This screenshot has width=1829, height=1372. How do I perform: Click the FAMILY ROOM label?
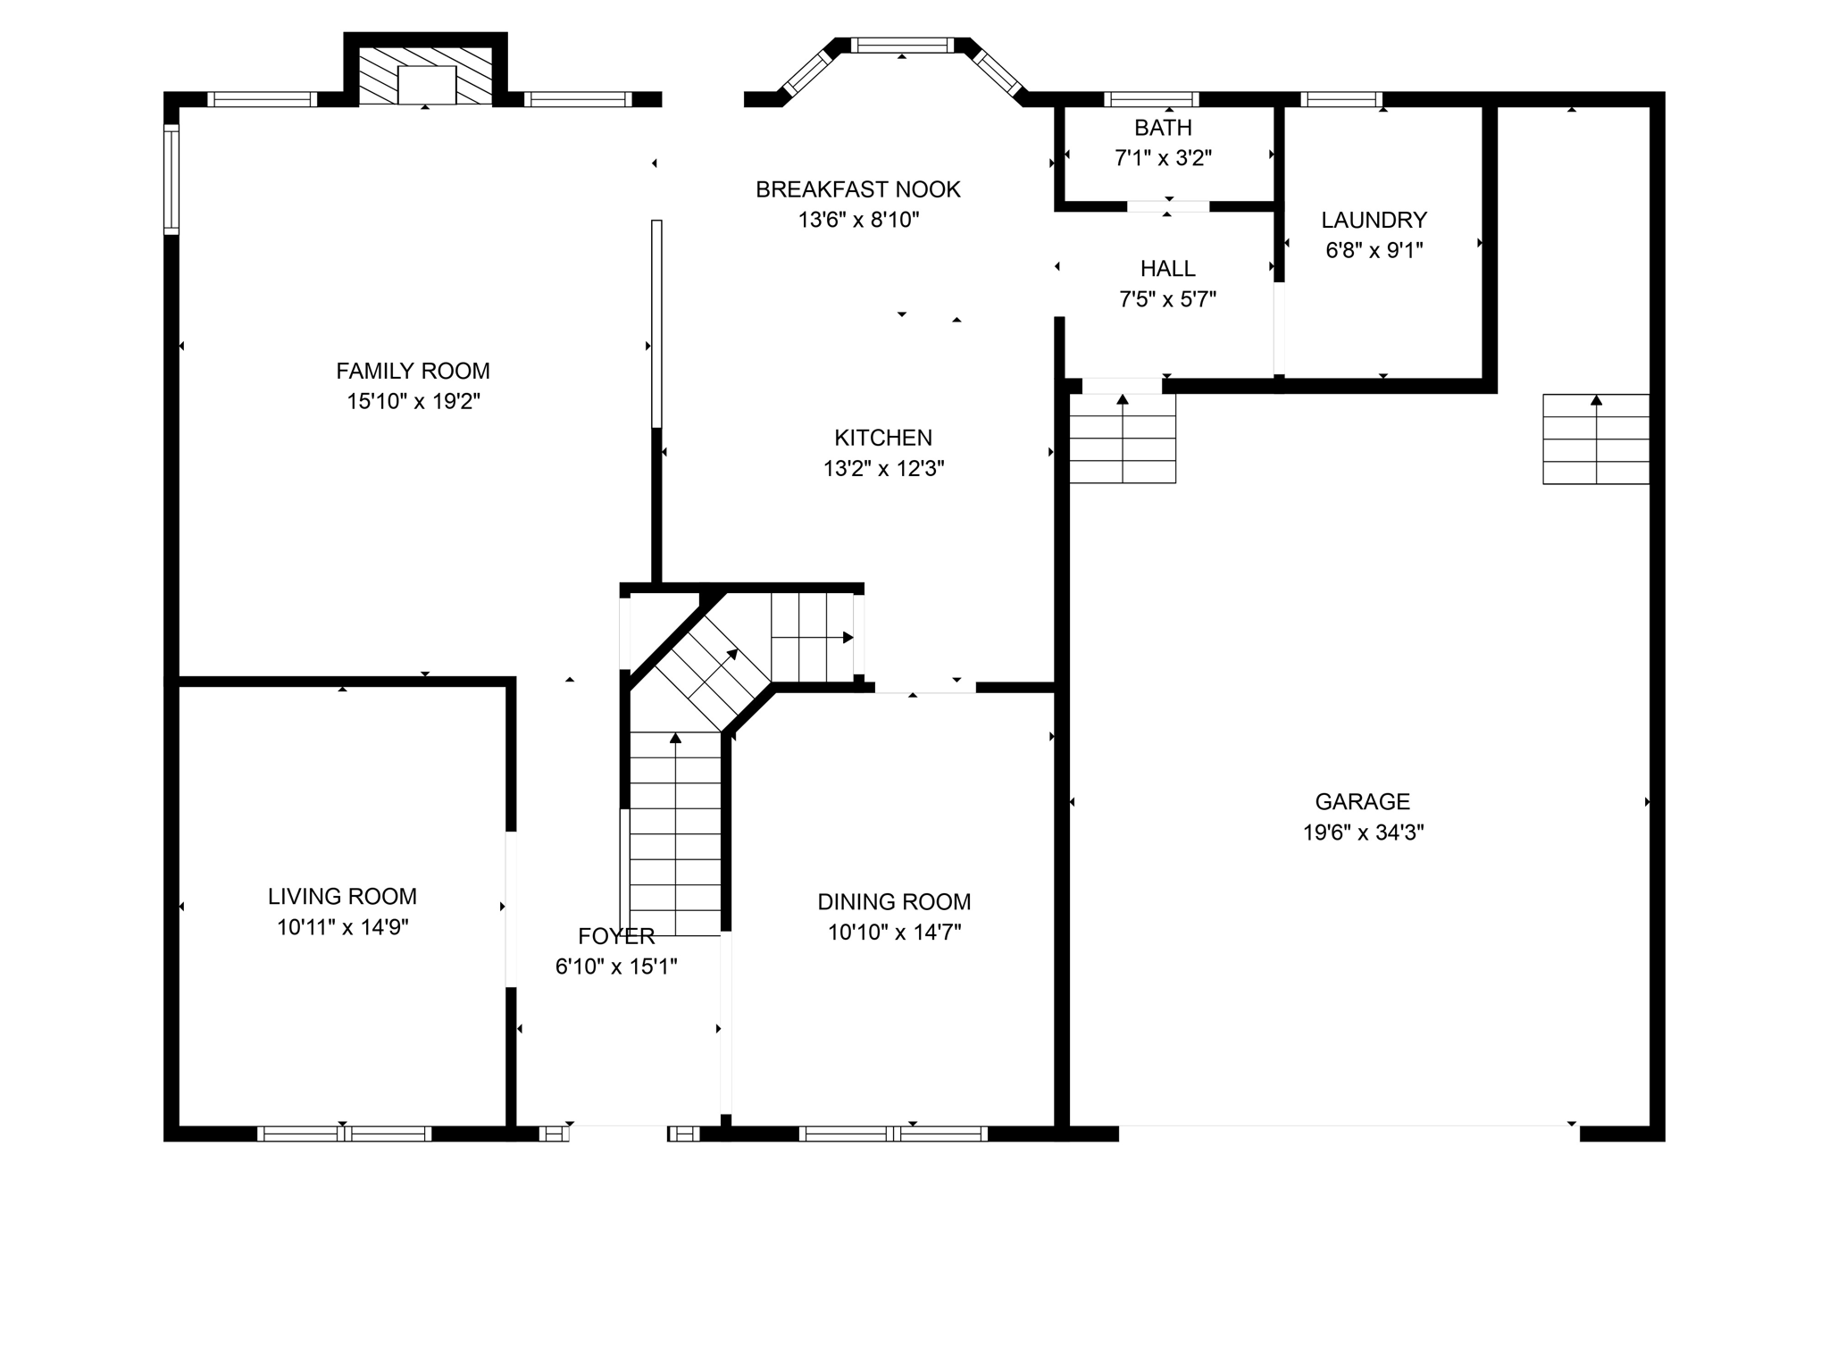[413, 371]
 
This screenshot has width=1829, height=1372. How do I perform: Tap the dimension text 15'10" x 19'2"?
[413, 401]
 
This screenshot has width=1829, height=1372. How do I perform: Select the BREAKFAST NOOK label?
[857, 189]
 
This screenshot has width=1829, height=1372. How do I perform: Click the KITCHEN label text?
[882, 438]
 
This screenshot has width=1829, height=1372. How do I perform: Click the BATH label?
[1163, 128]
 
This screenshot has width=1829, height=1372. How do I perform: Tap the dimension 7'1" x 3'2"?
[1163, 158]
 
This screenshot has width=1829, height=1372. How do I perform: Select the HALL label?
[1167, 269]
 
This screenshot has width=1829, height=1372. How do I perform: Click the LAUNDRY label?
[1374, 220]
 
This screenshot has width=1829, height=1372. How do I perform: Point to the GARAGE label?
[1362, 801]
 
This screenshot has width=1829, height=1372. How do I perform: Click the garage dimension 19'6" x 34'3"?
[1362, 832]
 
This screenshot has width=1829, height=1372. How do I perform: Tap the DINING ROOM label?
[893, 902]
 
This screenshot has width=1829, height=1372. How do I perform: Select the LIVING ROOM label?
[342, 896]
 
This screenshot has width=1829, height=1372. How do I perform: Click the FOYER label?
[616, 936]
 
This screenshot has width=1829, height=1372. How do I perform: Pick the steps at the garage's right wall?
[1595, 439]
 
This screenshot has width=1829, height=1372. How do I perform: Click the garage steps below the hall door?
[1122, 438]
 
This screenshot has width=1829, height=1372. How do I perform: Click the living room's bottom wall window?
[344, 1134]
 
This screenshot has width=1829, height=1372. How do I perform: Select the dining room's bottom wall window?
[893, 1134]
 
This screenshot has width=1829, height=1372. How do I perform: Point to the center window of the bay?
[902, 45]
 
